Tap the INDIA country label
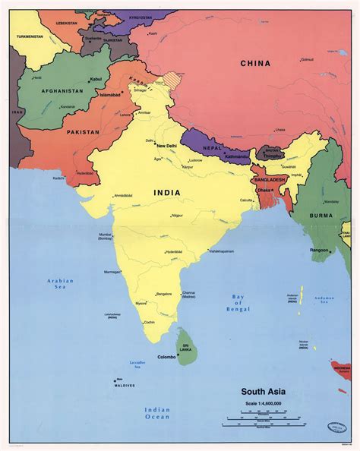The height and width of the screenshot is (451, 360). pyautogui.click(x=167, y=193)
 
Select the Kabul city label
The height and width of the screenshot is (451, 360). pyautogui.click(x=96, y=78)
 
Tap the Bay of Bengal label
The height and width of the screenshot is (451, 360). pyautogui.click(x=241, y=303)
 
